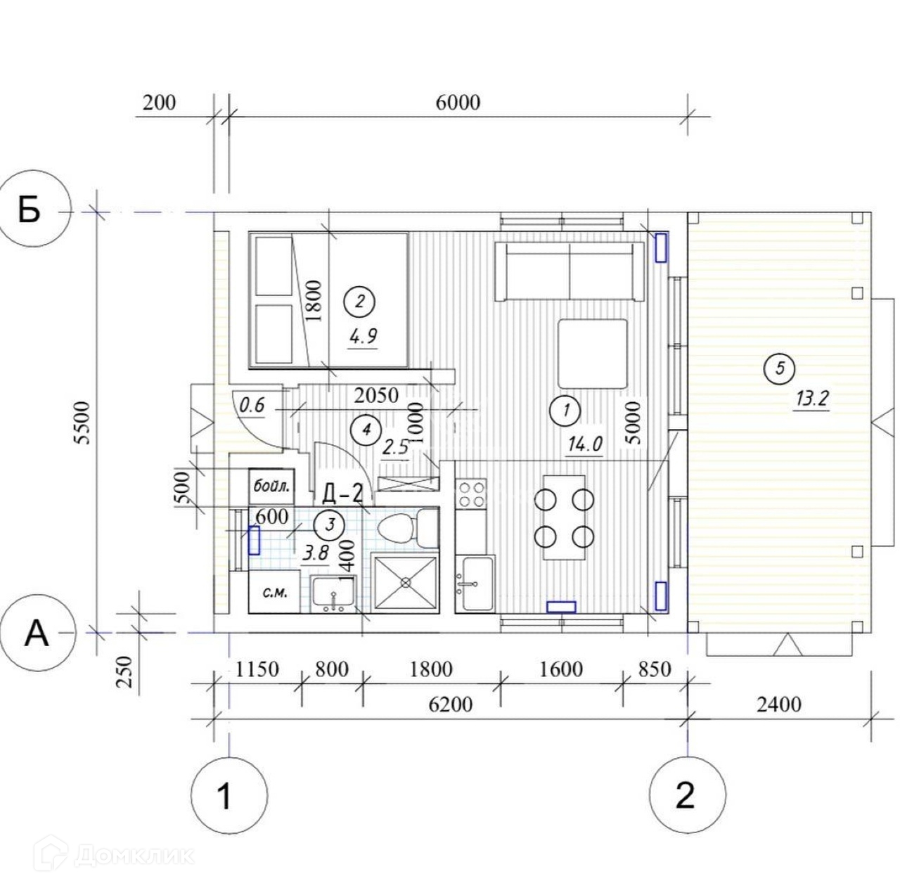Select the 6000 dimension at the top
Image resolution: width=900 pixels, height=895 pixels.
458,103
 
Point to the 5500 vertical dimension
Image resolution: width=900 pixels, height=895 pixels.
84,423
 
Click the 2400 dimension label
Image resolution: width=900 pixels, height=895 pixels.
778,704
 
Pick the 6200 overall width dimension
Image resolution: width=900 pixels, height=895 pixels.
450,704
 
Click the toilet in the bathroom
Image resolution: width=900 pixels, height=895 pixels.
407,528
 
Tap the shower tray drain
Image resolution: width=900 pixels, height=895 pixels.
406,583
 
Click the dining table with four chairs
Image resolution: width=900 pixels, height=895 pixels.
564,517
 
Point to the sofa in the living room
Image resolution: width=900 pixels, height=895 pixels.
570,271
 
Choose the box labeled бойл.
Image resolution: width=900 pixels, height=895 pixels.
271,487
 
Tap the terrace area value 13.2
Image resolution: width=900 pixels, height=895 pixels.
810,399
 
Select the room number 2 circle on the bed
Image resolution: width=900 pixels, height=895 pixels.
359,302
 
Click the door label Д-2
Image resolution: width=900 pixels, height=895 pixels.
342,494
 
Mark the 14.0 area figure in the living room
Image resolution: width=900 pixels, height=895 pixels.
585,444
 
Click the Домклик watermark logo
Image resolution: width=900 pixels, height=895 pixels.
115,856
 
